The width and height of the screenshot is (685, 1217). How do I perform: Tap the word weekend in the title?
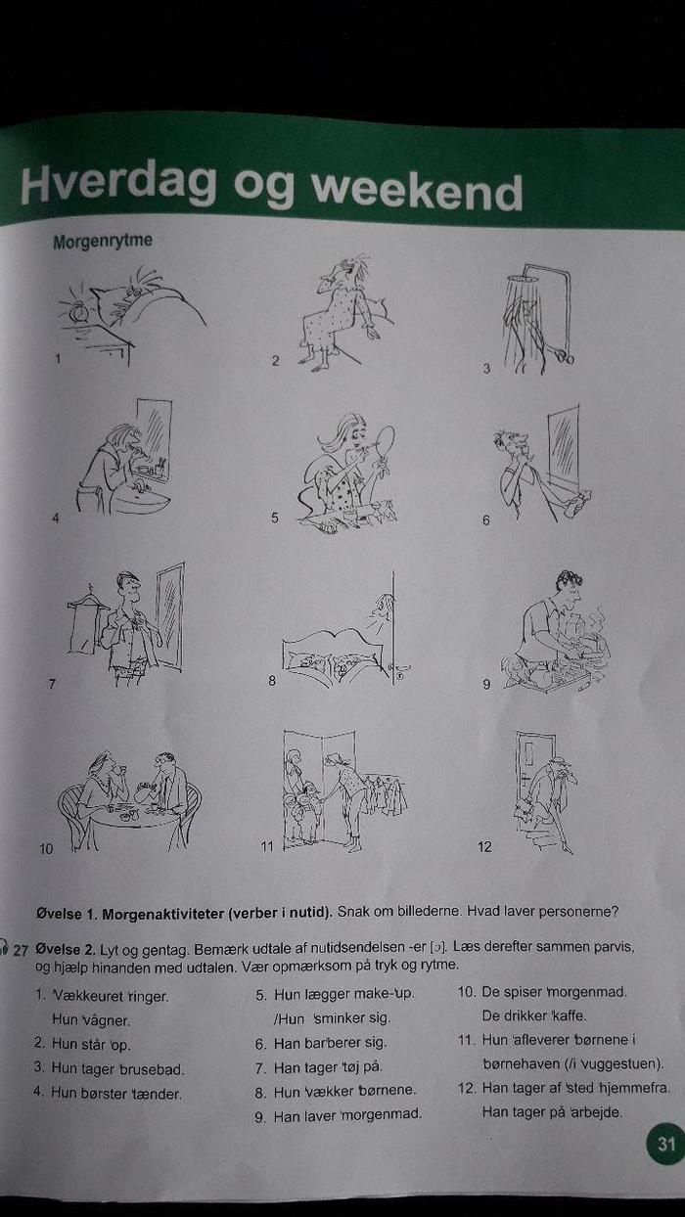[417, 190]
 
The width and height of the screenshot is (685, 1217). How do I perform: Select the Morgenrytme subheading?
[103, 242]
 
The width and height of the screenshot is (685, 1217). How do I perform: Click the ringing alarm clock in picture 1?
[77, 311]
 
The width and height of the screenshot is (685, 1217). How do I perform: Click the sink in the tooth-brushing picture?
[139, 498]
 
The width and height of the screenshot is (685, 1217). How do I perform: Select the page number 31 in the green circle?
[666, 1144]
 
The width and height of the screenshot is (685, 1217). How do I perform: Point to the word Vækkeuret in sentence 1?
[87, 996]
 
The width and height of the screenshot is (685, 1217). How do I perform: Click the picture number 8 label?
[272, 680]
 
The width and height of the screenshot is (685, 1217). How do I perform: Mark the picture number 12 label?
[484, 846]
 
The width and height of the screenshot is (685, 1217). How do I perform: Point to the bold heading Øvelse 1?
[67, 914]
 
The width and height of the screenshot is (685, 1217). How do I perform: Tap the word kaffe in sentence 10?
[569, 1015]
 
